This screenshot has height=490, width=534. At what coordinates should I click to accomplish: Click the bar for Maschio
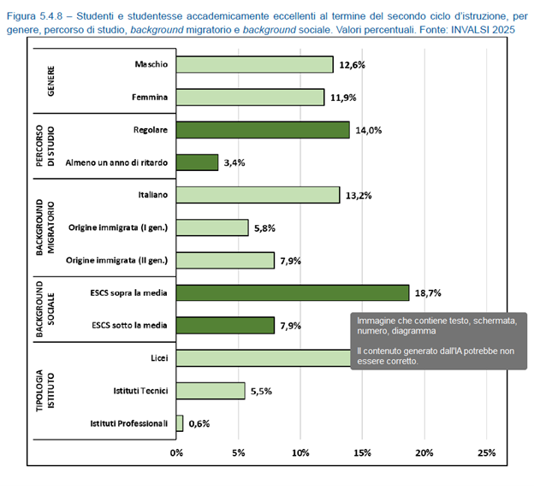[255, 65]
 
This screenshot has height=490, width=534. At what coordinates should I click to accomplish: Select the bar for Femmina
[251, 97]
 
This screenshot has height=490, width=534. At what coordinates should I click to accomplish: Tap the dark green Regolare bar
[264, 130]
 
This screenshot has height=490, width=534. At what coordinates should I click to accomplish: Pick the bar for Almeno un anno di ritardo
[198, 162]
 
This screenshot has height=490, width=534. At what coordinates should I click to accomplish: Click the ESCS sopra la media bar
[293, 292]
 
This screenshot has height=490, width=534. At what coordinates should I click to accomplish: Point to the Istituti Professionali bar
[180, 423]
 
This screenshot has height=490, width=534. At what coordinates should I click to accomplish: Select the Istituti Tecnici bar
[211, 391]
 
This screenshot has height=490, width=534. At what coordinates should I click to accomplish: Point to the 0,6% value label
[199, 423]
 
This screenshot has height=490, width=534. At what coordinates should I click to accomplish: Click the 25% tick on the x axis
[486, 452]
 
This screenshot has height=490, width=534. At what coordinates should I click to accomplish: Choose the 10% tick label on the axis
[300, 452]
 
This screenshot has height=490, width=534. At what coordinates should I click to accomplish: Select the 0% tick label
[177, 452]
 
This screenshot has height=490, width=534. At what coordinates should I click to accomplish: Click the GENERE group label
[50, 81]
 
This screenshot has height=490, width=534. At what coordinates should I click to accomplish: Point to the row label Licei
[157, 358]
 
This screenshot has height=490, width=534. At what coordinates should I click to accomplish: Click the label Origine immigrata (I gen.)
[116, 227]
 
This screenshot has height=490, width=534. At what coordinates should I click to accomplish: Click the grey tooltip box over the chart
[436, 340]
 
